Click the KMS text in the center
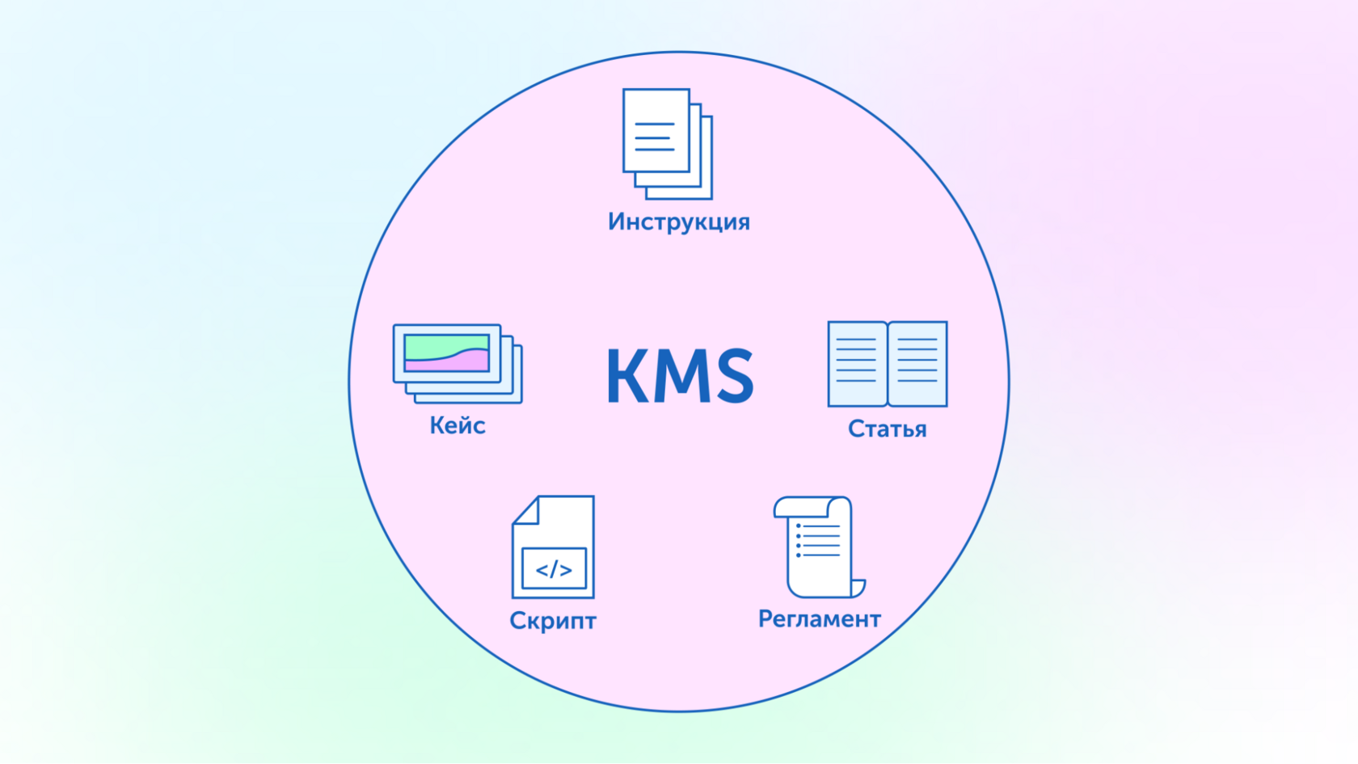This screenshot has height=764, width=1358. coord(680,376)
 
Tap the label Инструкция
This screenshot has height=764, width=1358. coord(679,222)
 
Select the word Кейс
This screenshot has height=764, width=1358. coord(458,425)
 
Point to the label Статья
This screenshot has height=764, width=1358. coord(887,428)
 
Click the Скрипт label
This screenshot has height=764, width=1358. coord(553,620)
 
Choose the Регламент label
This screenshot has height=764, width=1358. coord(819,618)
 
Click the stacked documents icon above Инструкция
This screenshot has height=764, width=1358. coord(667,144)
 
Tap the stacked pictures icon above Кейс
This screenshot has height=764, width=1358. coord(457,363)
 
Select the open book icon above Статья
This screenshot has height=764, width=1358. coord(887,364)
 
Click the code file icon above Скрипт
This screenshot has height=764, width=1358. coord(554,547)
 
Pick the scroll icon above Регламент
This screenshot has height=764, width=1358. coord(818,547)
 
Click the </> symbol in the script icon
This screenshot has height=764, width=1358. coord(554,569)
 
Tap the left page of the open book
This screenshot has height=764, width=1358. coord(857,364)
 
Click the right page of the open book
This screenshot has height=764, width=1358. coord(917,364)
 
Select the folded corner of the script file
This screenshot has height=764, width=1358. coord(527,510)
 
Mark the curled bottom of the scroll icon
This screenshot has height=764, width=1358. coord(857,588)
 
